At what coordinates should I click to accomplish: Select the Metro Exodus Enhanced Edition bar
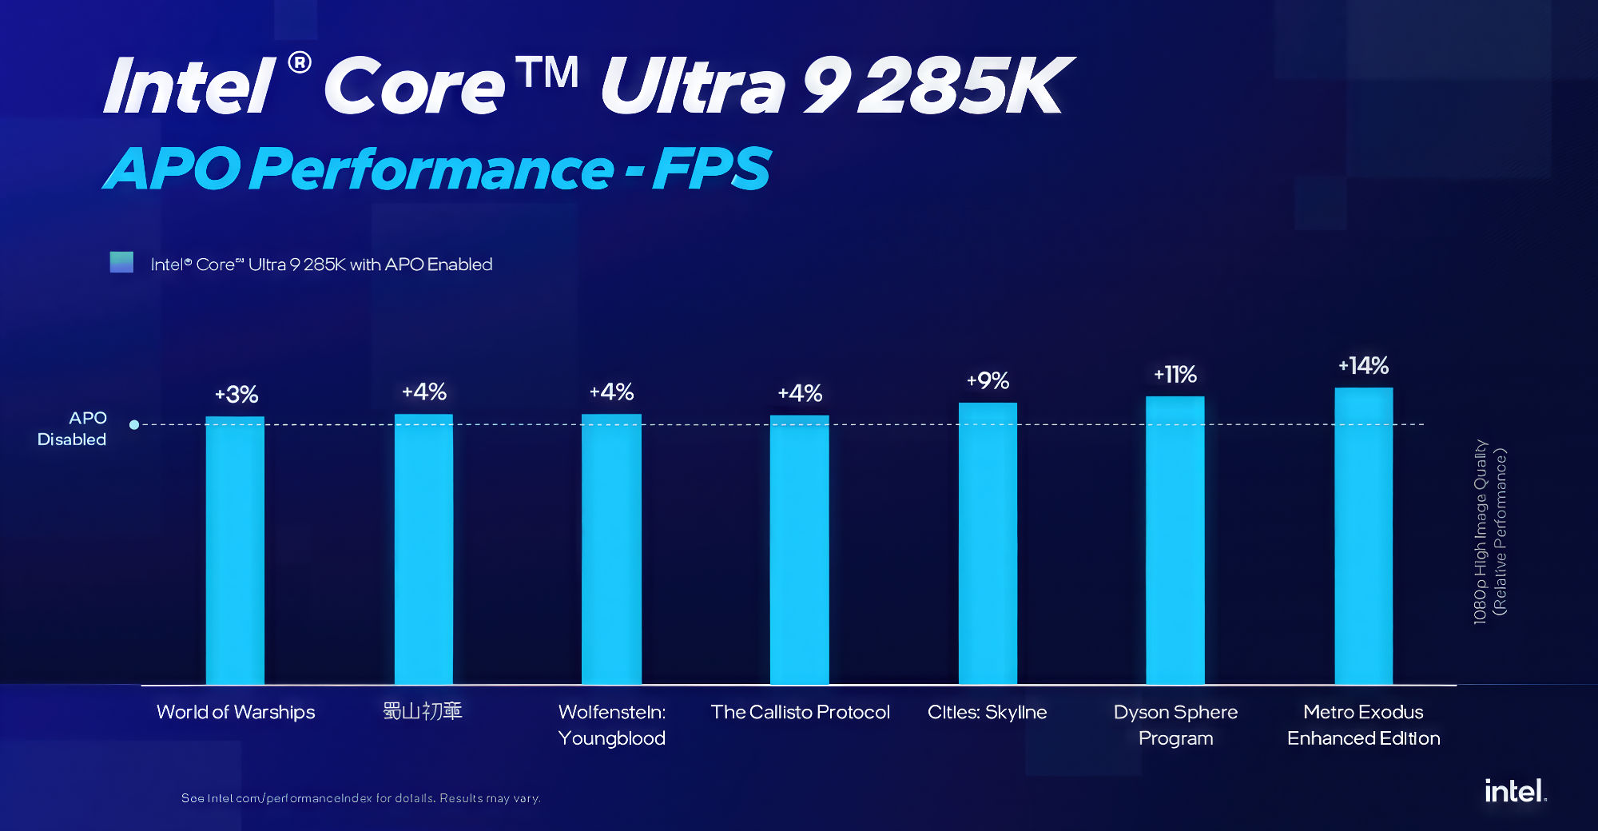[1363, 535]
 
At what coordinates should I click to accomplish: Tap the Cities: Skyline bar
[988, 543]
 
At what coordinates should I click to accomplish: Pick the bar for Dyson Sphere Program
[1175, 540]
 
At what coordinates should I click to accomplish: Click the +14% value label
[1364, 366]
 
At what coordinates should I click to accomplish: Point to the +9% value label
[988, 380]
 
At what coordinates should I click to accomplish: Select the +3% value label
[237, 394]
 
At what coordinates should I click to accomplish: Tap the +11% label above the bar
[1175, 374]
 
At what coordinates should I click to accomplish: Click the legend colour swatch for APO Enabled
[121, 262]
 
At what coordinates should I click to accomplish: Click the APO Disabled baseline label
[73, 428]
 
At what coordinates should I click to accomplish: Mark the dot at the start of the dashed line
[134, 424]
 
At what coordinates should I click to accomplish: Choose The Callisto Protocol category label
[800, 712]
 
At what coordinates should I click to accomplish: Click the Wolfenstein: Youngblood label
[612, 725]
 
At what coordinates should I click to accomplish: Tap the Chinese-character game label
[423, 710]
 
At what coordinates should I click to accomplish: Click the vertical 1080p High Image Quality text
[1489, 531]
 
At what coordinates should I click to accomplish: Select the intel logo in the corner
[1515, 791]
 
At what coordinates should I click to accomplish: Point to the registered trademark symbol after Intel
[300, 62]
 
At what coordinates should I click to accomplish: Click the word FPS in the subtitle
[711, 169]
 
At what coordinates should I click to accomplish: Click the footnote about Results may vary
[361, 798]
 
